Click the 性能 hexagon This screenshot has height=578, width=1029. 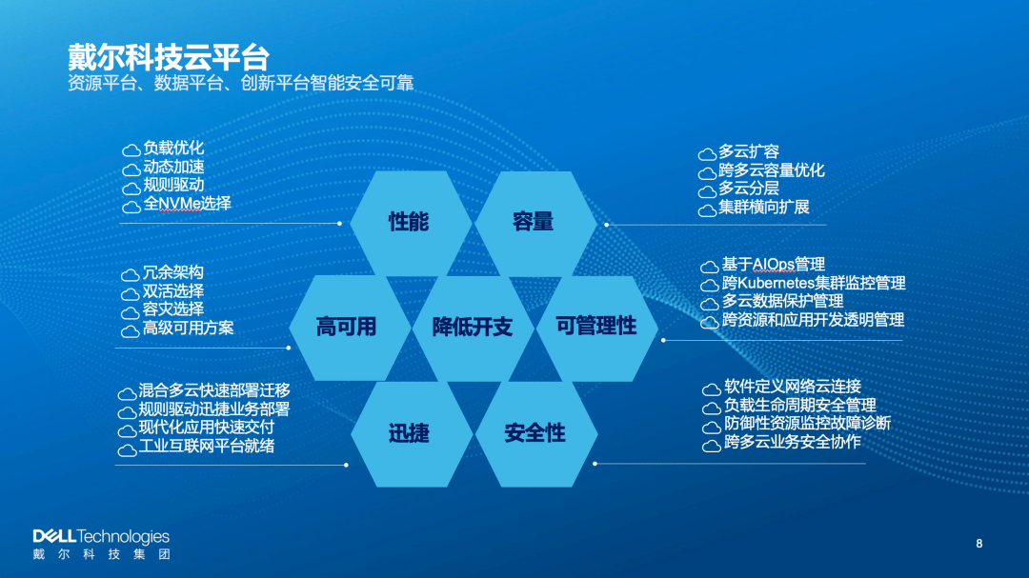pyautogui.click(x=411, y=223)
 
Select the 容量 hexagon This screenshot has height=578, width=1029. pyautogui.click(x=535, y=223)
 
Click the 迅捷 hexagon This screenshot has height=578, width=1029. pyautogui.click(x=412, y=433)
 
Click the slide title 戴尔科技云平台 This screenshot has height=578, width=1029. pyautogui.click(x=169, y=58)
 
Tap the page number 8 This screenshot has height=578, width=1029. pyautogui.click(x=979, y=543)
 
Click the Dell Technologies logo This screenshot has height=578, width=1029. pyautogui.click(x=101, y=544)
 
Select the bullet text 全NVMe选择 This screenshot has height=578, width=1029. pyautogui.click(x=187, y=204)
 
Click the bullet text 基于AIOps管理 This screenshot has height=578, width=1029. pyautogui.click(x=773, y=265)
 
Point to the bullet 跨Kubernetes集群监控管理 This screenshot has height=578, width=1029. pyautogui.click(x=814, y=284)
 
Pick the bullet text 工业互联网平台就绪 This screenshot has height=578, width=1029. pyautogui.click(x=206, y=447)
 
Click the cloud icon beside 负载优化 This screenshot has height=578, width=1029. pyautogui.click(x=131, y=150)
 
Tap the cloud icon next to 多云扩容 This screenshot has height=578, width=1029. pyautogui.click(x=707, y=154)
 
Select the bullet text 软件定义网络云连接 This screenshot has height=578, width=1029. pyautogui.click(x=792, y=387)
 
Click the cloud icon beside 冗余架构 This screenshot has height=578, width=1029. pyautogui.click(x=130, y=274)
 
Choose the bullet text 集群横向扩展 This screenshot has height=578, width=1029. pyautogui.click(x=763, y=208)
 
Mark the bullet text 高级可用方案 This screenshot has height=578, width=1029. pyautogui.click(x=188, y=328)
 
